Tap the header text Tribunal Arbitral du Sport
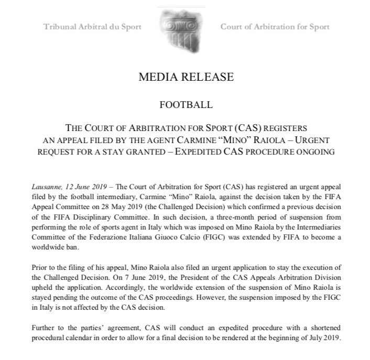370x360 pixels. tap(93, 27)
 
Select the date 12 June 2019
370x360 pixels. tap(86, 187)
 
